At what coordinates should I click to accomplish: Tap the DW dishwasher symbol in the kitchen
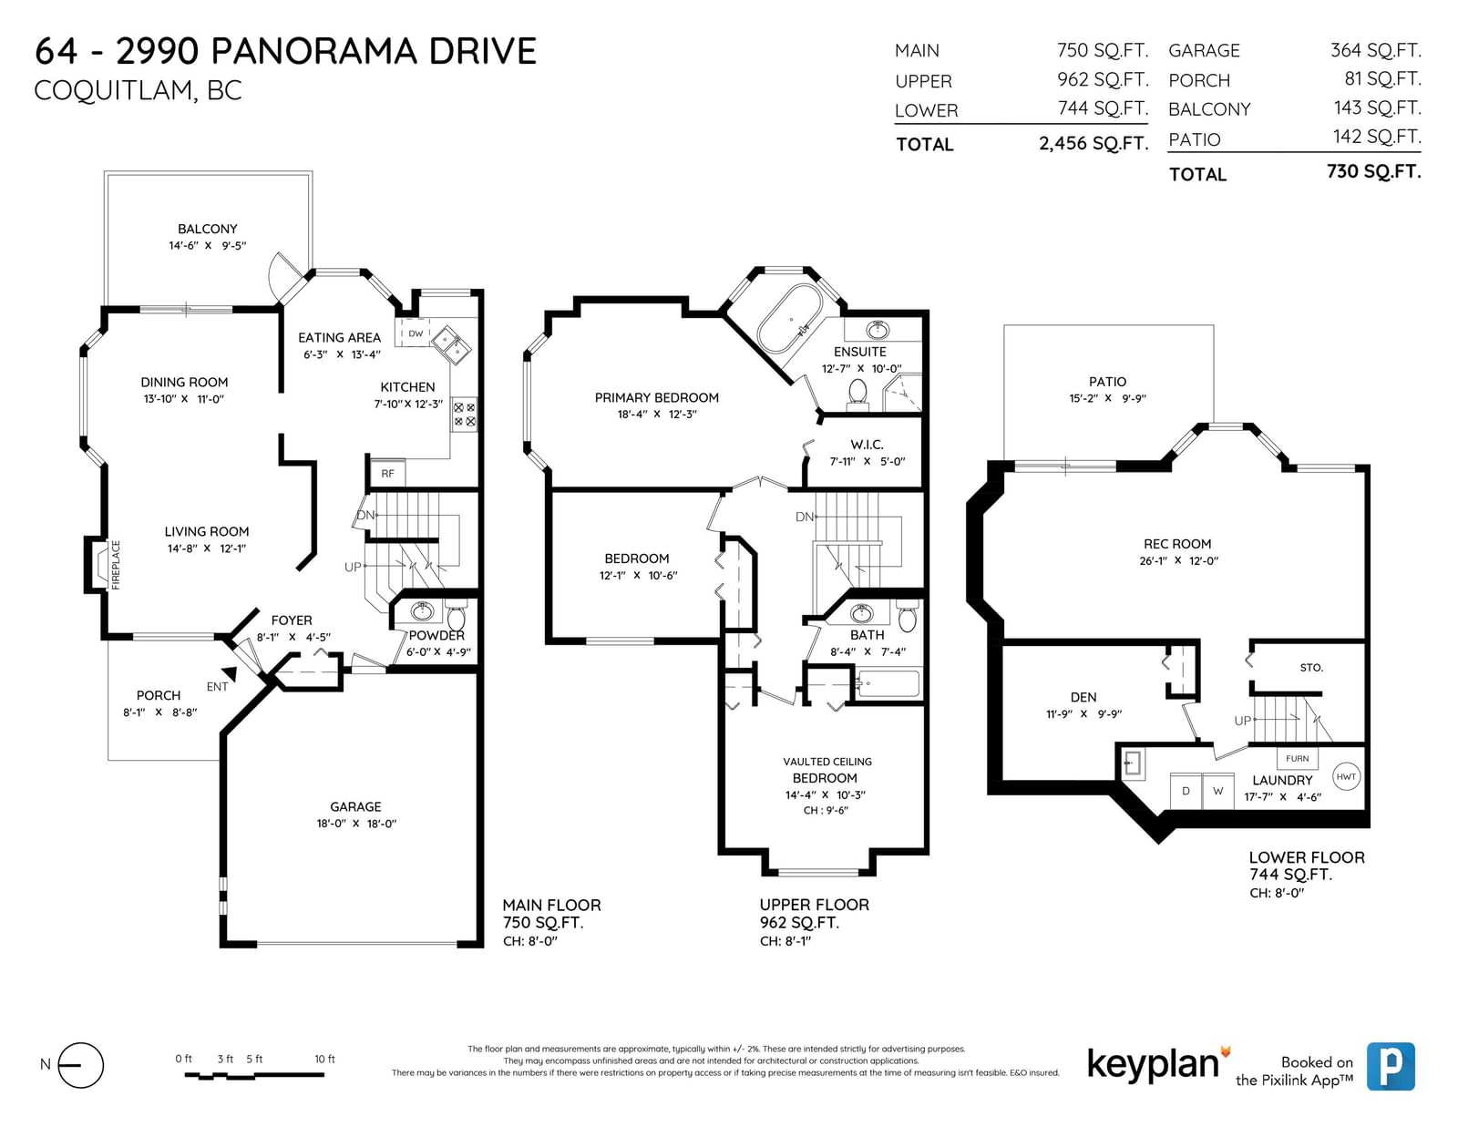(415, 333)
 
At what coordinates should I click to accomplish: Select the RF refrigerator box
(388, 474)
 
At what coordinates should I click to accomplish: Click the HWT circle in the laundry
(1346, 777)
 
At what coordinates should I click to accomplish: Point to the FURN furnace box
(1297, 759)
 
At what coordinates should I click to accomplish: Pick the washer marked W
(1217, 791)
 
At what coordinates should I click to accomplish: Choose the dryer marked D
(1186, 791)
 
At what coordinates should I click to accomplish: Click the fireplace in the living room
(98, 565)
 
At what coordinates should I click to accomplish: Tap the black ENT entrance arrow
(230, 673)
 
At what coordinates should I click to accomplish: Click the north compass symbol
(80, 1065)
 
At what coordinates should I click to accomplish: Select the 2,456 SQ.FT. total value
(1093, 144)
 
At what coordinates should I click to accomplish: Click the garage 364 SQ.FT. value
(1375, 50)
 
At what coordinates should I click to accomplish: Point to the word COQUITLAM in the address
(113, 90)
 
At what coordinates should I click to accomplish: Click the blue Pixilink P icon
(1391, 1066)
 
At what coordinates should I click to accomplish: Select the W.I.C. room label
(867, 444)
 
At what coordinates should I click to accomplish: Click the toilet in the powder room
(457, 616)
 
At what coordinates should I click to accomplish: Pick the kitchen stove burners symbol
(465, 415)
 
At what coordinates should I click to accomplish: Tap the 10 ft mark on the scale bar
(324, 1060)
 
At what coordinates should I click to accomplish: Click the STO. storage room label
(1311, 668)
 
